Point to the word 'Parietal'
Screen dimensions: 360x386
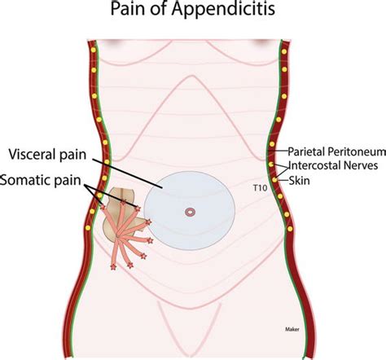point(305,151)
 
